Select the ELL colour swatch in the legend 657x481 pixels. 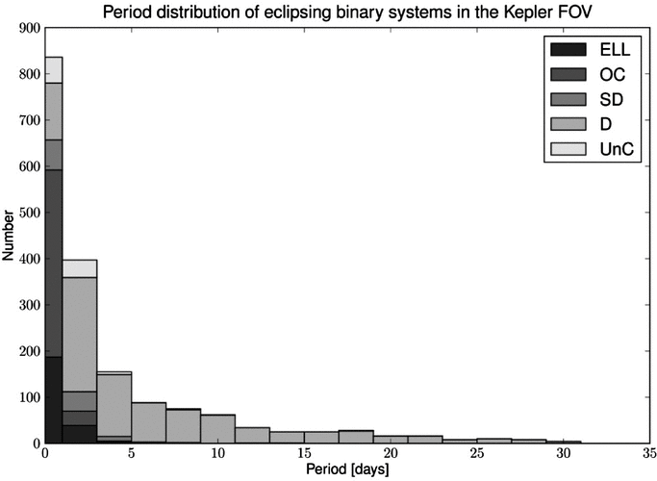coord(569,49)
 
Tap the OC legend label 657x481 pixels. coord(612,75)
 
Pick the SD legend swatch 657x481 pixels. coord(569,99)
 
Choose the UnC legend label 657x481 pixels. coord(617,149)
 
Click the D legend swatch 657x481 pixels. coord(569,124)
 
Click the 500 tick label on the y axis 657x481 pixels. coord(30,213)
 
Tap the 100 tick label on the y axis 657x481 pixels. coord(30,397)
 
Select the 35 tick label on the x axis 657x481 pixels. coord(649,453)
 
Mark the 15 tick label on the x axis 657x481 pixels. coord(304,453)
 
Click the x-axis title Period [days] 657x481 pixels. coord(347,469)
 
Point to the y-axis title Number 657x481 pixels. coord(9,236)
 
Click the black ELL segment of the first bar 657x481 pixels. coord(54,400)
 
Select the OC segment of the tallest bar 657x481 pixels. coord(54,264)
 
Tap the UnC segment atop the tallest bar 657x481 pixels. coord(54,70)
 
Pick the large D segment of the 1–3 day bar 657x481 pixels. coord(80,335)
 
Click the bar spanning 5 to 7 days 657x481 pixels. coord(149,422)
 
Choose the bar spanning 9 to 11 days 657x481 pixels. coord(218,429)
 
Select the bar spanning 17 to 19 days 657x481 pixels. coord(356,437)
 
